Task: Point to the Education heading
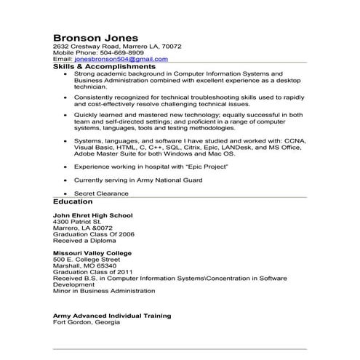[73, 201]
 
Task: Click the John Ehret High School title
[89, 215]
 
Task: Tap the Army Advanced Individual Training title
[112, 316]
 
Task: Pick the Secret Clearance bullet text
[101, 193]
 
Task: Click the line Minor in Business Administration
[105, 290]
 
